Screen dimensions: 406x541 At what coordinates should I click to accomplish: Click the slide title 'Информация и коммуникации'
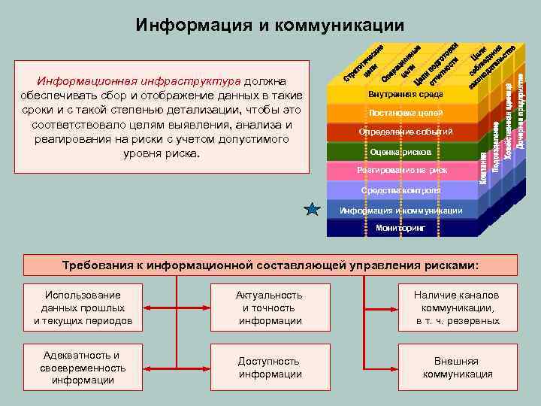tap(270, 26)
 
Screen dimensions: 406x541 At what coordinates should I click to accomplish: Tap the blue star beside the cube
tap(313, 210)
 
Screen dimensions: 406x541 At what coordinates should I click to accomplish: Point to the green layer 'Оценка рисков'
tap(400, 152)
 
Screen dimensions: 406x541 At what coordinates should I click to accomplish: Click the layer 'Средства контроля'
tap(400, 190)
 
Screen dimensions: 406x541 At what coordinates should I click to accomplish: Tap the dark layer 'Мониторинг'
tap(400, 227)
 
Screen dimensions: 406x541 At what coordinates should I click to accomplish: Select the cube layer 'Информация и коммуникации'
tap(400, 210)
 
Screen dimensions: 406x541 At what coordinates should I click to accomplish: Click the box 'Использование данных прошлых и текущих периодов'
tap(83, 308)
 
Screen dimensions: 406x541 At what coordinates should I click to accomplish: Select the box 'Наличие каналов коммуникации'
tap(458, 308)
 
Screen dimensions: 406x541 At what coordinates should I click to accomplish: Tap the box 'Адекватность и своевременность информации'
tap(83, 368)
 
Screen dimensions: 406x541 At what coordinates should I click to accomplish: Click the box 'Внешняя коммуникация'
tap(458, 368)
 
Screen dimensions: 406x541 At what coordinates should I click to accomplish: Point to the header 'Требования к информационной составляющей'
tap(270, 265)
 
